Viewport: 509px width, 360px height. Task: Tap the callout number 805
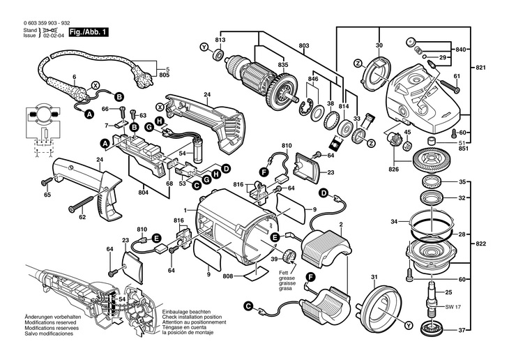coord(165,75)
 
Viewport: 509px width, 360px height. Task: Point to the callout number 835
coord(283,64)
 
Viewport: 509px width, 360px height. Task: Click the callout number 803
coord(303,45)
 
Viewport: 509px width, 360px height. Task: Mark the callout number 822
coord(499,246)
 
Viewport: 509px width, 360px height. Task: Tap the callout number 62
coord(82,218)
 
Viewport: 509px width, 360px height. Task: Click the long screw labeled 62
coord(87,204)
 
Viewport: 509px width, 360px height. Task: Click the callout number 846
coord(313,80)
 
